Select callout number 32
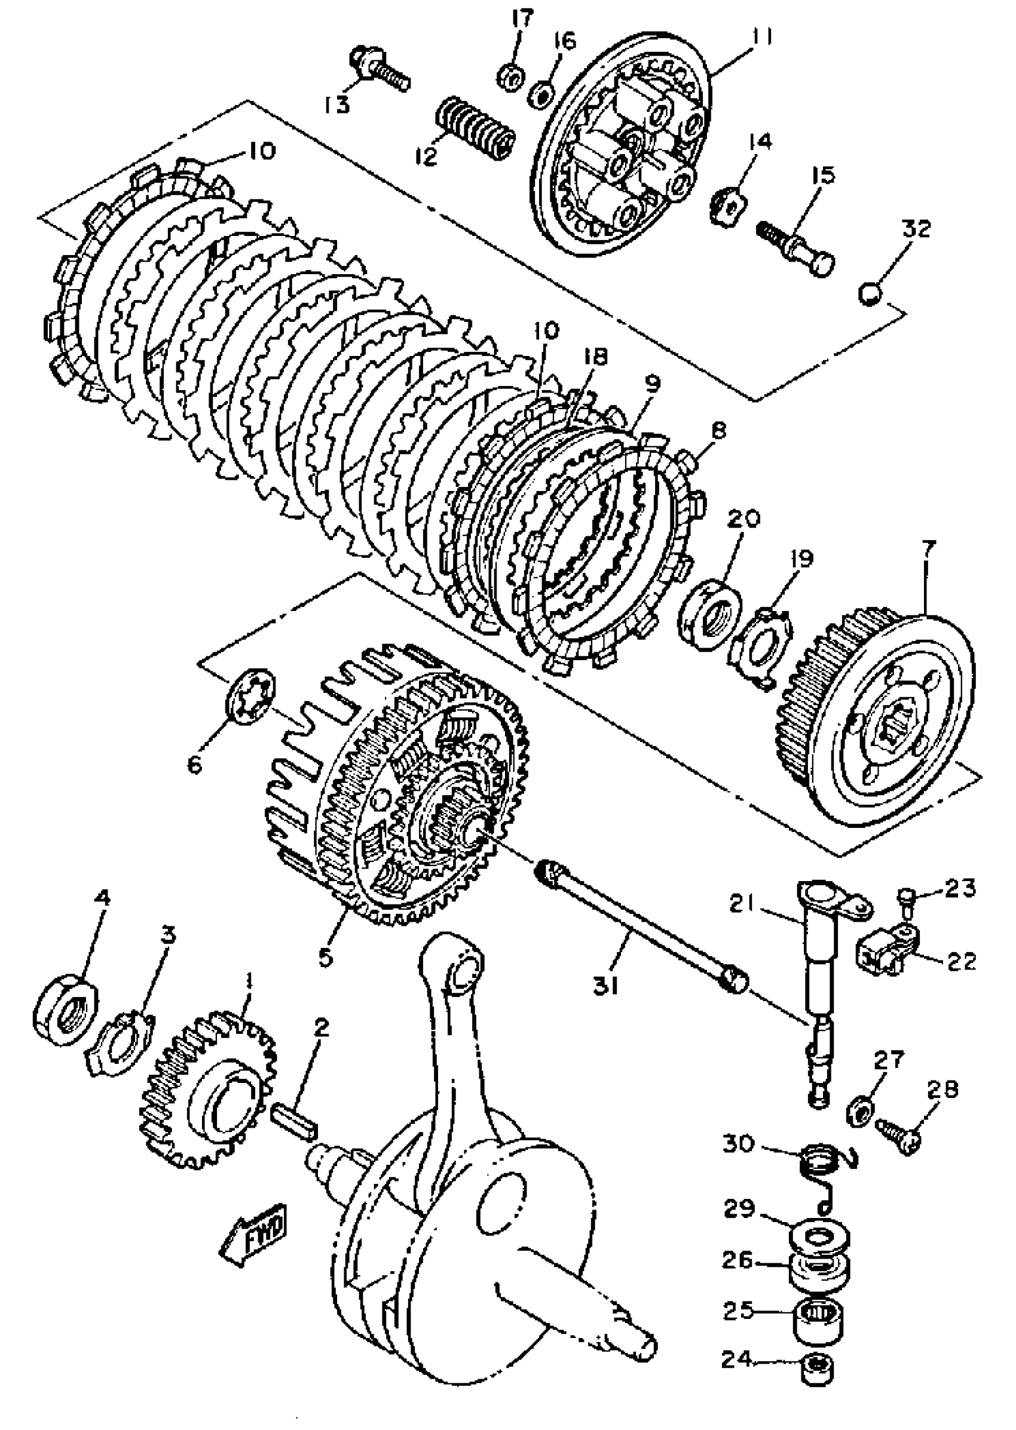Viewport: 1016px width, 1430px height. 916,228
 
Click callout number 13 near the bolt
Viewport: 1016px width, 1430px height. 337,105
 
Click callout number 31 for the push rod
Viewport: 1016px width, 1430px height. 605,987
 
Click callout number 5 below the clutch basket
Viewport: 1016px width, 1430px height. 325,957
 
